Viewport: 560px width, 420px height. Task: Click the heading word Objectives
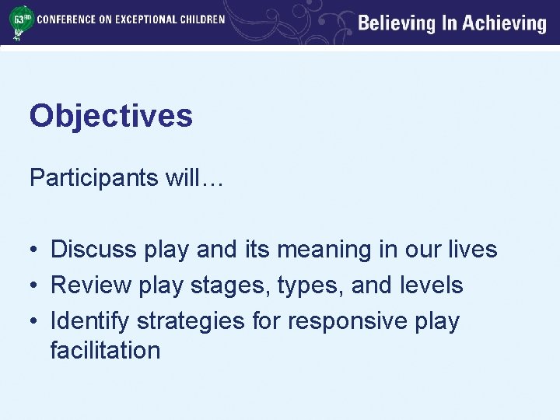tap(110, 117)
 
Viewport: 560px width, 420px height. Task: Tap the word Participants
tap(94, 179)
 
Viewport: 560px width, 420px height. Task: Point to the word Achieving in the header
tap(504, 23)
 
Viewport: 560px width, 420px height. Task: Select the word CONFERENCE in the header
tap(65, 19)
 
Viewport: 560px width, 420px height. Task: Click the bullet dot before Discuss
tap(35, 250)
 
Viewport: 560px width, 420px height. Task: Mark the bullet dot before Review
tap(35, 286)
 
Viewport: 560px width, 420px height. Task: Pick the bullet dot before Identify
tap(35, 322)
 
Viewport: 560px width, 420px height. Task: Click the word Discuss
tap(92, 250)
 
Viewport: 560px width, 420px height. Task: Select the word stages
tap(220, 285)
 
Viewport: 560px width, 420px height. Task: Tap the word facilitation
tap(105, 350)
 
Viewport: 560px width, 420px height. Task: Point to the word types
tap(302, 286)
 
